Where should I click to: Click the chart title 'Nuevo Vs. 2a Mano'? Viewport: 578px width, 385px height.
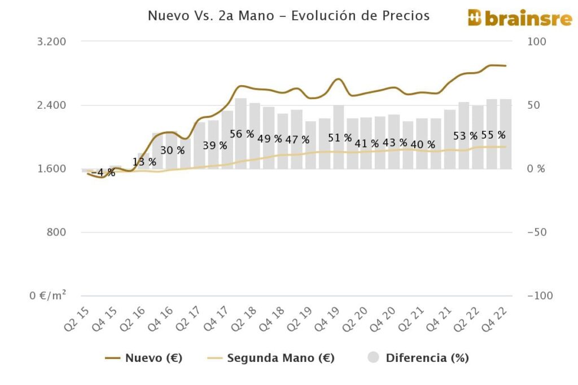[288, 16]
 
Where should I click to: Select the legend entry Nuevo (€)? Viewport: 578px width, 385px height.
[143, 358]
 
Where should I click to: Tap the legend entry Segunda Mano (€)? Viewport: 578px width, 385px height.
[271, 358]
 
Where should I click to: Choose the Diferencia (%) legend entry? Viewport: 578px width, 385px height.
[418, 358]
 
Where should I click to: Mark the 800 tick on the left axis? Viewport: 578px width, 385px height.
[58, 232]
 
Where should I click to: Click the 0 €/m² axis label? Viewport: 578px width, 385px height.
[49, 295]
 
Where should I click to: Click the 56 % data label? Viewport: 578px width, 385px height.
[242, 134]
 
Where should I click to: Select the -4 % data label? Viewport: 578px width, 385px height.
[103, 172]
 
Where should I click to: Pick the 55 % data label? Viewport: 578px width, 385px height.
[493, 135]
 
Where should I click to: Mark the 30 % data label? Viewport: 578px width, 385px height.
[172, 151]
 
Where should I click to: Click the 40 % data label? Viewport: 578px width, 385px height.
[423, 144]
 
